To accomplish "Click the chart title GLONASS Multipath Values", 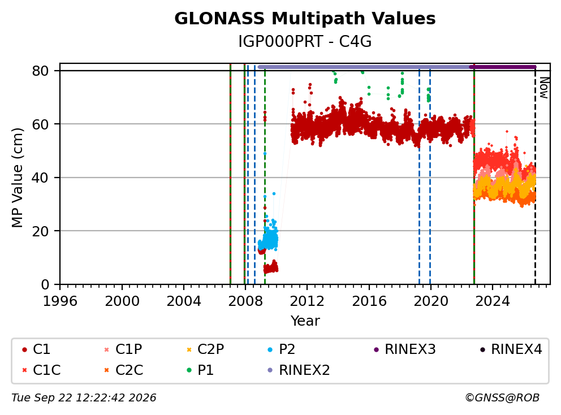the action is [x=305, y=19].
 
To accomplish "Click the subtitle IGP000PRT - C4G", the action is [x=305, y=42].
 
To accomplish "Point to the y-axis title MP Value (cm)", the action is [x=17, y=178].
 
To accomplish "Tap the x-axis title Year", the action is [x=305, y=321].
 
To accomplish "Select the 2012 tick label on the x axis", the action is [x=307, y=301].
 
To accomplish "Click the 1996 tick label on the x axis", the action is [x=60, y=301].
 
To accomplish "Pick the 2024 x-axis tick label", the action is [x=493, y=301].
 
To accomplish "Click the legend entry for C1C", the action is [x=42, y=370].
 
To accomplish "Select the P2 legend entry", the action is [x=282, y=349].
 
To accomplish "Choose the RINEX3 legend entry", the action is [x=405, y=349].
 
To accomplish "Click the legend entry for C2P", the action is [x=205, y=349].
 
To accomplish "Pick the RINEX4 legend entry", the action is [x=511, y=349].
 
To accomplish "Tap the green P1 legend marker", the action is [x=189, y=370].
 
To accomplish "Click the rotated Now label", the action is [x=544, y=88].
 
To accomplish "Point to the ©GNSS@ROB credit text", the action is [x=502, y=397].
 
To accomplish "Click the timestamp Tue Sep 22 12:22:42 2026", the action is [x=84, y=397].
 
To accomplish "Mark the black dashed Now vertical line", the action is [x=535, y=176].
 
